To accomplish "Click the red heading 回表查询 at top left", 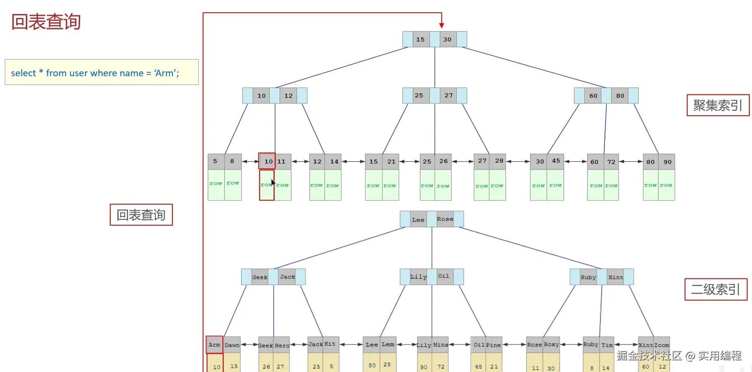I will pos(46,22).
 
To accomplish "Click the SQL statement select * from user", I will pos(95,73).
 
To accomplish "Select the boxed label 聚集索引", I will pos(717,105).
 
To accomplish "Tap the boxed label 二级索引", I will pos(715,289).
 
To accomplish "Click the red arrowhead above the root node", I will pos(442,25).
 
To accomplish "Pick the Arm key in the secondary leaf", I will pos(214,345).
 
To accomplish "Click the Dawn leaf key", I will pos(232,345).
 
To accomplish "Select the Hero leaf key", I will pos(282,345).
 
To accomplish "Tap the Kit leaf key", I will pos(330,344).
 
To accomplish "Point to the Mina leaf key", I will pos(440,345).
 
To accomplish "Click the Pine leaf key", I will pos(493,345).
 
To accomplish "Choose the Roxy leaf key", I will pos(551,344).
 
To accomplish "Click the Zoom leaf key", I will pos(661,345).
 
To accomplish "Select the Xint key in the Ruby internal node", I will pos(615,277).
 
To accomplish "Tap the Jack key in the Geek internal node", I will pos(287,276).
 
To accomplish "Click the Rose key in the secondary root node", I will pos(445,219).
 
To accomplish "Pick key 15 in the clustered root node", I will pos(420,39).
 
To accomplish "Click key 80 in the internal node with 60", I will pos(620,96).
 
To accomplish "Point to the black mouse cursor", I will pos(273,182).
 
